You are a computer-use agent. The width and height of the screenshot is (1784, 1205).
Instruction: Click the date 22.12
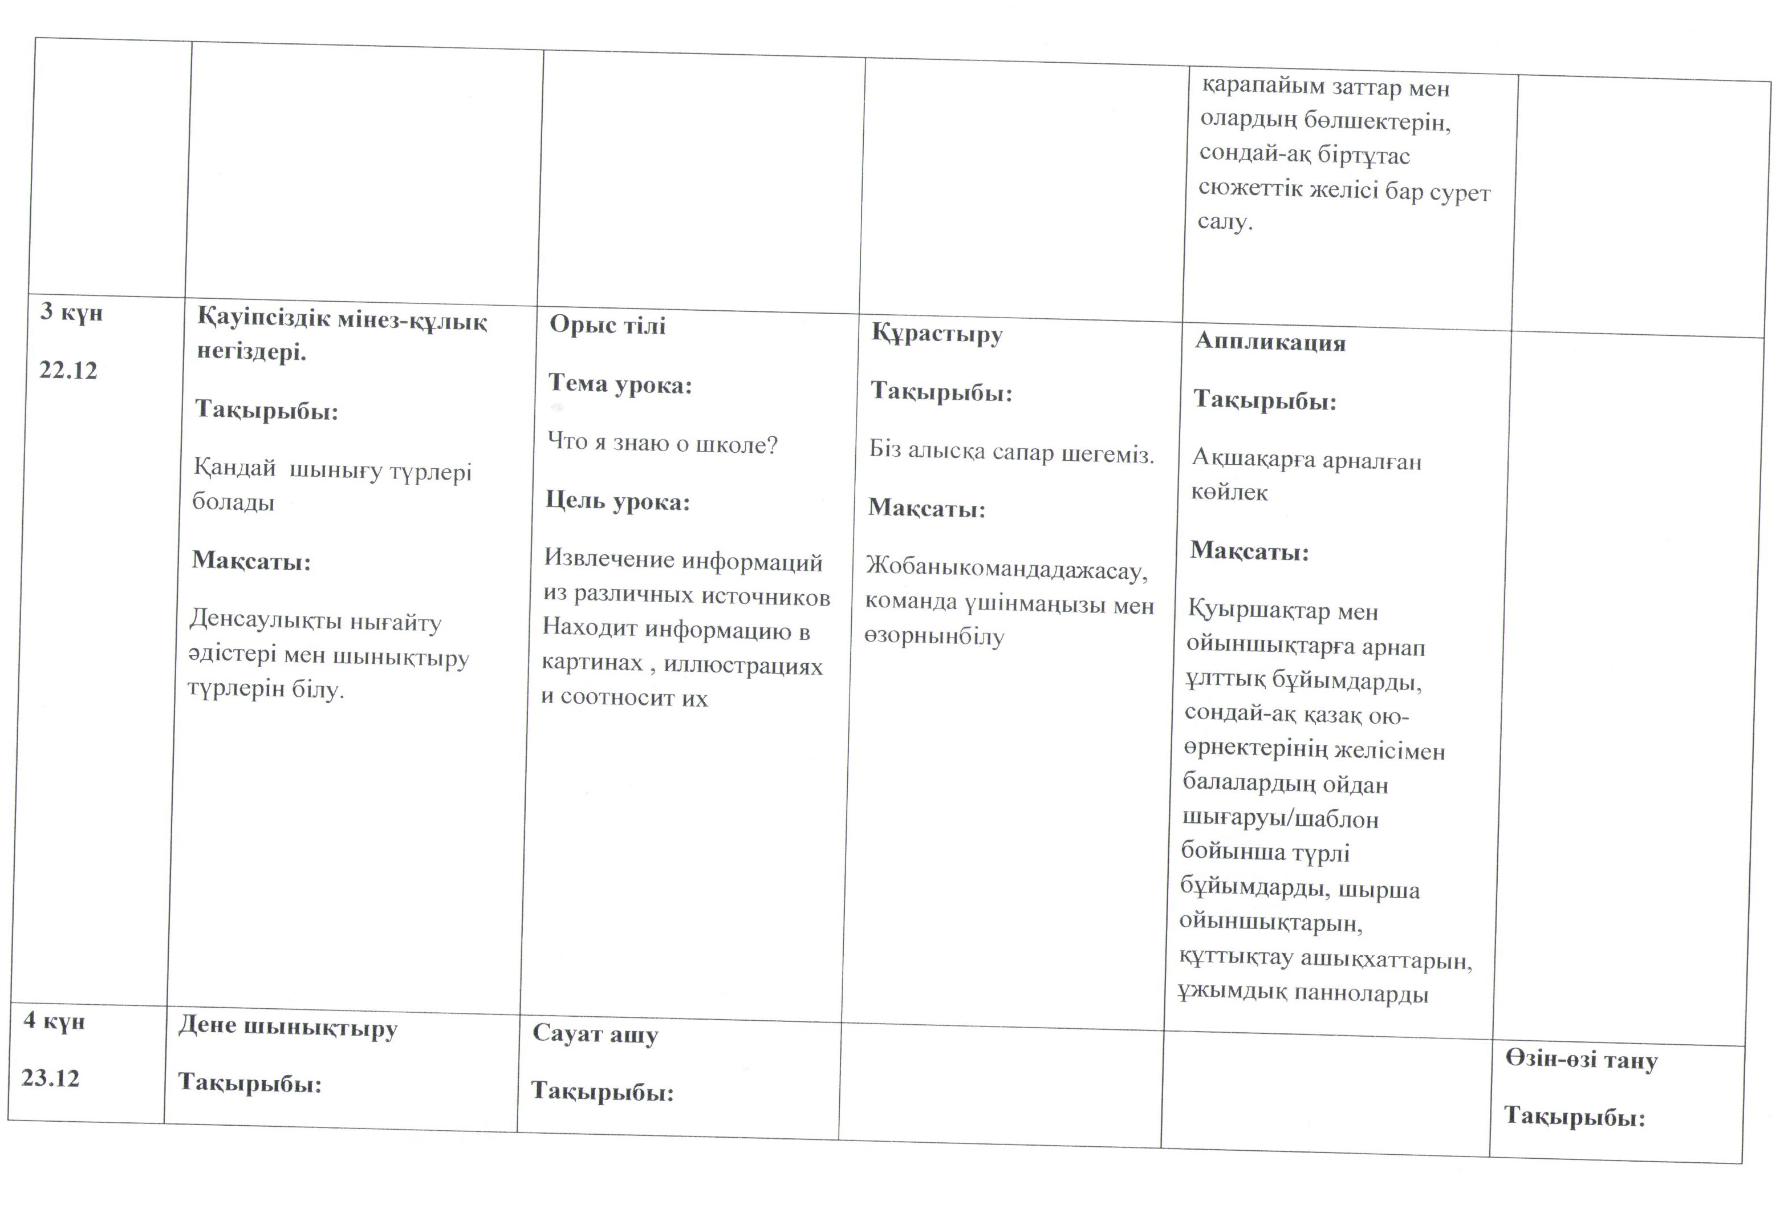point(68,370)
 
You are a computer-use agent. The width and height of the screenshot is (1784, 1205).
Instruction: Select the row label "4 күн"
point(54,1021)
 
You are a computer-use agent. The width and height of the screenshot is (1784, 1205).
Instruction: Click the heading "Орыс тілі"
point(607,325)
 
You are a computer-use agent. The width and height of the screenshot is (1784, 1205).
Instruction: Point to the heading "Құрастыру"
point(937,335)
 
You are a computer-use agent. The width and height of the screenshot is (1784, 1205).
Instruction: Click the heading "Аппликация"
point(1270,342)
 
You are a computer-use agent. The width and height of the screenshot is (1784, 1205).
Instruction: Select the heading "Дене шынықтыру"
point(288,1028)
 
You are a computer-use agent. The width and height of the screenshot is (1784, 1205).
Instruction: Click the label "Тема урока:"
point(620,383)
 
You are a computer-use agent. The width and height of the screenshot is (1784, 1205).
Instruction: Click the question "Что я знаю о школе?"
point(663,443)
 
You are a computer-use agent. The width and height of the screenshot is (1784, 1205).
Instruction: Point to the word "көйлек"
point(1229,492)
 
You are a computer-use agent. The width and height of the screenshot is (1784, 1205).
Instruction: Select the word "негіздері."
point(252,352)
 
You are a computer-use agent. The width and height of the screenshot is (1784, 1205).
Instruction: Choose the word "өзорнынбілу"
point(934,636)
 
